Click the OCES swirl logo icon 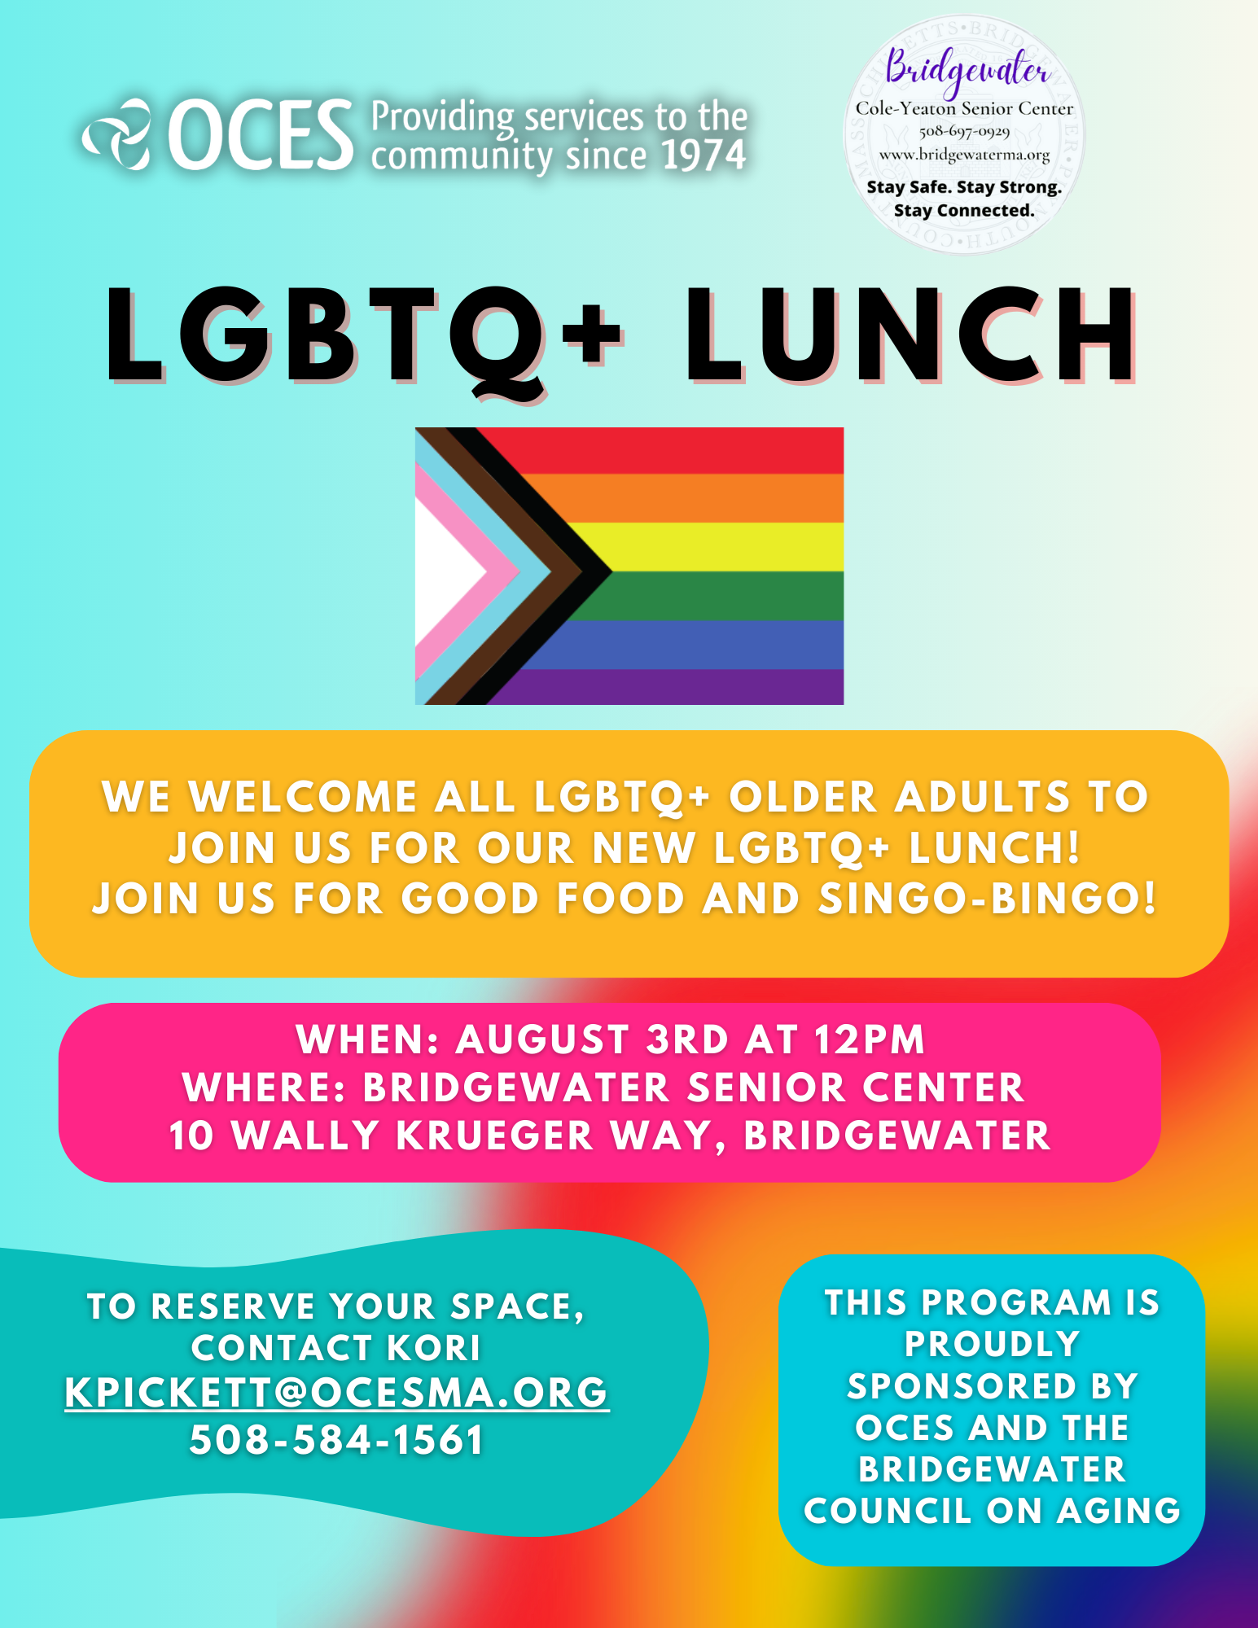point(117,134)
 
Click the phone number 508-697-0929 point(964,131)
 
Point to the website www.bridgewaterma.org point(964,154)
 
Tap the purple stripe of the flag point(668,687)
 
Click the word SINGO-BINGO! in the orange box point(988,899)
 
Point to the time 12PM point(870,1039)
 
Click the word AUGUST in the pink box point(542,1039)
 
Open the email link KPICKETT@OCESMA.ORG point(336,1393)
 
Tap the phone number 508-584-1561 point(336,1440)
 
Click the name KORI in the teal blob point(434,1348)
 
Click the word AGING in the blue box point(1119,1512)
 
